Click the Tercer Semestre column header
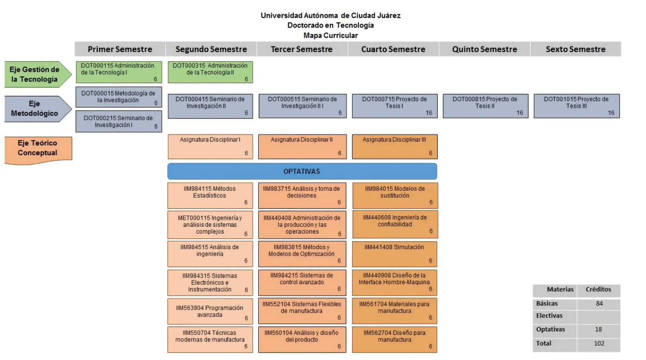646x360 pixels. point(302,49)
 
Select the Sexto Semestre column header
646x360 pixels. point(576,49)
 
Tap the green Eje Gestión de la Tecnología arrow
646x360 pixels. point(38,74)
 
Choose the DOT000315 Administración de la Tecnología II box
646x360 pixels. point(210,72)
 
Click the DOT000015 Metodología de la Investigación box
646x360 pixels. point(119,97)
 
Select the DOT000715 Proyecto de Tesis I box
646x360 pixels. point(395,106)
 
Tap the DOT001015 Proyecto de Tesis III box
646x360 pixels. point(577,106)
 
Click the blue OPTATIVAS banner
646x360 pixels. point(302,171)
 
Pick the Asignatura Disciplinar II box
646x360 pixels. point(302,147)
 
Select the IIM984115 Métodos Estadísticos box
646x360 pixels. point(210,195)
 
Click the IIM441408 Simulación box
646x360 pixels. point(395,254)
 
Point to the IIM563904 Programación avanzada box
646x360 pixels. point(210,311)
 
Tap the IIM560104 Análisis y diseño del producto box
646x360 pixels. point(302,339)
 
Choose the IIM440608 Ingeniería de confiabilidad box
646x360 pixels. point(395,224)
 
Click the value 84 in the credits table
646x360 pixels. point(599,303)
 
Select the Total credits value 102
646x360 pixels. point(599,344)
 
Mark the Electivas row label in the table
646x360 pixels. point(549,316)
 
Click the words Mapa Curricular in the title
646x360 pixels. point(330,35)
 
